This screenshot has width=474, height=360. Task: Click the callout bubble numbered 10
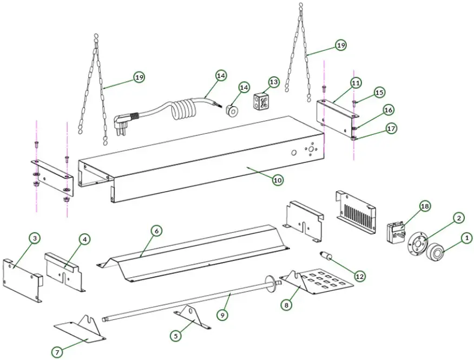277,180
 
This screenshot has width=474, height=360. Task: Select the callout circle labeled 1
466,237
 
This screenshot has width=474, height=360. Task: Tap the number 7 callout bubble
57,352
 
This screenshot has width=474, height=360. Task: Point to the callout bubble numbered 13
274,82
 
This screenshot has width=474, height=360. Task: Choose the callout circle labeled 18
424,206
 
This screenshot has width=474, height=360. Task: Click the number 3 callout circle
35,238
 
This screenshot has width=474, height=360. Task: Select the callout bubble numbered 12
360,276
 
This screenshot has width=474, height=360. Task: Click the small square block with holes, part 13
262,101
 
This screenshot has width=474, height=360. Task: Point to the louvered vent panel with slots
356,211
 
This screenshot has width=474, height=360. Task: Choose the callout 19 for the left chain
140,77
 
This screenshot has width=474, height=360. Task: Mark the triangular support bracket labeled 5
190,315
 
